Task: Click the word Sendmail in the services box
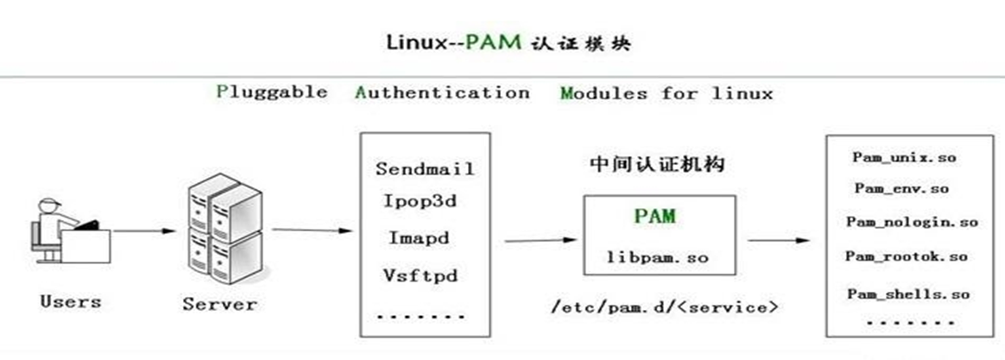click(424, 168)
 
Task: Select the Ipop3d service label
click(424, 203)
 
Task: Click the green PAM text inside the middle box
click(653, 216)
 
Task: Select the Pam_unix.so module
click(904, 157)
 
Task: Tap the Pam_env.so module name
click(901, 187)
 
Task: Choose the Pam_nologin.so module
click(911, 222)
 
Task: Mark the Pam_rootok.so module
click(906, 256)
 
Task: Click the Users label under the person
click(70, 302)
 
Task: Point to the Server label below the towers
click(219, 305)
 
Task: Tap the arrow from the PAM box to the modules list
click(777, 240)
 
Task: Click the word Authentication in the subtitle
click(442, 92)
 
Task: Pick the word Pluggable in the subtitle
click(272, 92)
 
